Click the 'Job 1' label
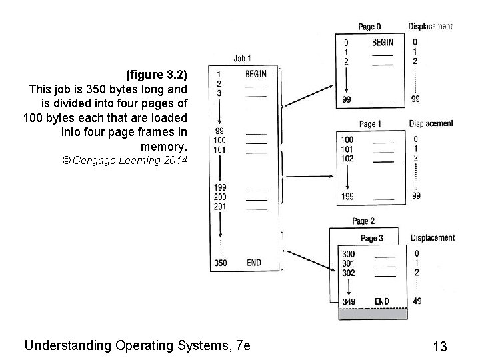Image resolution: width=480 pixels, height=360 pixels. click(243, 59)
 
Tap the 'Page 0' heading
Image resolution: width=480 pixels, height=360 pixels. click(370, 27)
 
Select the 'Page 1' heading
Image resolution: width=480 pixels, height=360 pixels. click(370, 124)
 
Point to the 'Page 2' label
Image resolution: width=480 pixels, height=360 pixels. click(363, 221)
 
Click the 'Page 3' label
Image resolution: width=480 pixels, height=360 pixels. click(372, 238)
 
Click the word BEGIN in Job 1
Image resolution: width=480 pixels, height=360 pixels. click(256, 73)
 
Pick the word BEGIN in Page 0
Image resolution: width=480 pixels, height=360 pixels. click(382, 43)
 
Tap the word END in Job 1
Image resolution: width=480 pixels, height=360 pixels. click(254, 263)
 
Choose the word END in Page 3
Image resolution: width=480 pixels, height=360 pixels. click(381, 301)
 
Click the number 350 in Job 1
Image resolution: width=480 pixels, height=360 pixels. click(220, 263)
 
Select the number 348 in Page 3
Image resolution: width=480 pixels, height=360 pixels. click(348, 301)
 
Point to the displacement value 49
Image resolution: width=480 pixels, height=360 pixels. click(416, 301)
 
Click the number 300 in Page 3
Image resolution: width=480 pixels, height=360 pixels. click(348, 254)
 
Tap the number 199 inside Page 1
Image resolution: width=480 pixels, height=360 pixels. click(347, 197)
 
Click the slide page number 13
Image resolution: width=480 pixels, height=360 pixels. click(439, 346)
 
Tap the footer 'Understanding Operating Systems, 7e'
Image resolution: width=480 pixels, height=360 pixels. click(137, 345)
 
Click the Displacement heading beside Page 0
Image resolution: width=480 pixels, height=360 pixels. click(430, 27)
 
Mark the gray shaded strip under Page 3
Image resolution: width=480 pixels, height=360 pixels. click(373, 313)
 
